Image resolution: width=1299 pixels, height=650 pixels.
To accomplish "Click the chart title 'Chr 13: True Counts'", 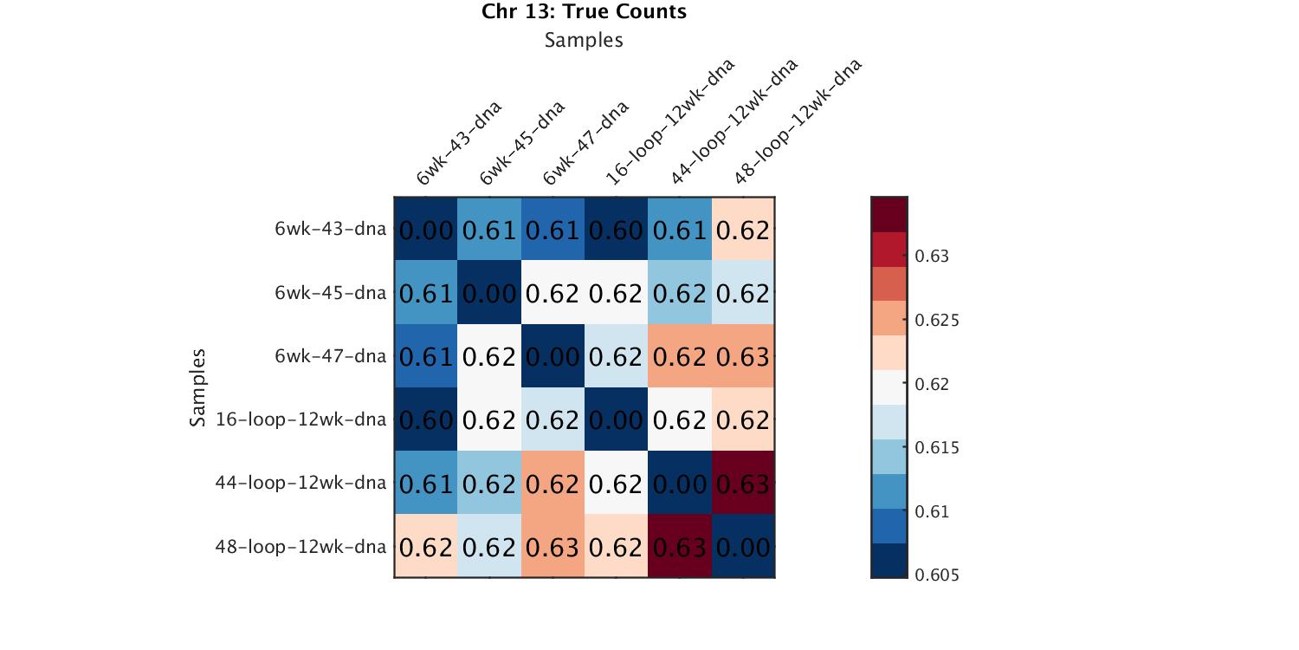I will coord(584,12).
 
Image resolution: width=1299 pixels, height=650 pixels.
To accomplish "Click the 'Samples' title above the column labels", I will coord(584,40).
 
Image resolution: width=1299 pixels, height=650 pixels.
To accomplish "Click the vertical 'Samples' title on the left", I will coord(198,387).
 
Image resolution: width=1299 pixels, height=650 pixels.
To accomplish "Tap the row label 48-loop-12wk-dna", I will coord(301,547).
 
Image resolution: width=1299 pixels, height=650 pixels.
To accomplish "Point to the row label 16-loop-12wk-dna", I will coord(301,420).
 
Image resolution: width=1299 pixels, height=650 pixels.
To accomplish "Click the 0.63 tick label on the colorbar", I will coord(932,257).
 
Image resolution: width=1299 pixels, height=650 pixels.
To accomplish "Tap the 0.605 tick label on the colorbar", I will coord(936,575).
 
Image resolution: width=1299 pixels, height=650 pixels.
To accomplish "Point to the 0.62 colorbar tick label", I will coord(932,384).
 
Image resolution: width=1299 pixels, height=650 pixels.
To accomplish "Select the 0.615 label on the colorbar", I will coord(936,448).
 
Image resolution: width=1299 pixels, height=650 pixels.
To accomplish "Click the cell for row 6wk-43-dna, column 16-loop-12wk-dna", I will coord(616,230).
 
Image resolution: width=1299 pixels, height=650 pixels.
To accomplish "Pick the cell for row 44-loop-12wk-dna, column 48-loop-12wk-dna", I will coord(743,483).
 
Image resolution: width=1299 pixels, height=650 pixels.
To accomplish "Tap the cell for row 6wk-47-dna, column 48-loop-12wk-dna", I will coord(743,356).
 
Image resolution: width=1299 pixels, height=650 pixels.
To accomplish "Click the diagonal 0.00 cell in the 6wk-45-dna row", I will coord(489,293).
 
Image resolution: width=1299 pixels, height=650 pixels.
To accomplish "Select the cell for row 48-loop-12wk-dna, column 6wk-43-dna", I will coord(426,546).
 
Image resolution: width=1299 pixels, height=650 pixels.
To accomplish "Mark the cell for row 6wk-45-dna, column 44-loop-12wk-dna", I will coord(680,293).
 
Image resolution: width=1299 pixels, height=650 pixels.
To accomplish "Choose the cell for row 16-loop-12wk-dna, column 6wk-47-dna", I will coord(553,419).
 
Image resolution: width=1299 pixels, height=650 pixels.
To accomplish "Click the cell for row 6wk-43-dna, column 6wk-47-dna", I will coord(553,230).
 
